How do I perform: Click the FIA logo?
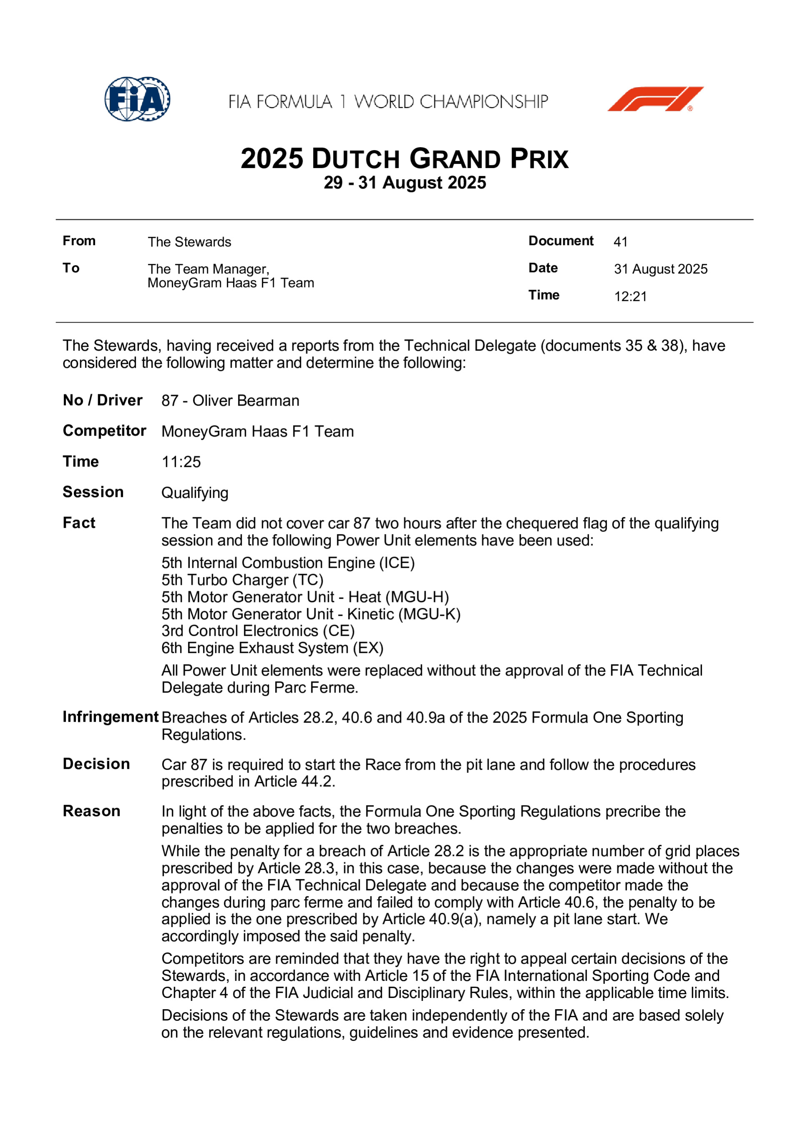point(137,99)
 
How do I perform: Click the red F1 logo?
point(655,99)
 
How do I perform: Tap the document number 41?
point(620,242)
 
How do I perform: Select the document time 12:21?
point(630,296)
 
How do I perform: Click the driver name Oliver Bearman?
point(246,401)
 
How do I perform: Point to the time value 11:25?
point(181,462)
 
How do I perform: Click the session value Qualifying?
point(195,493)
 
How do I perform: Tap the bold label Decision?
point(96,764)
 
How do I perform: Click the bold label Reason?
point(91,812)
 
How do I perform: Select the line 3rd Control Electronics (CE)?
point(258,631)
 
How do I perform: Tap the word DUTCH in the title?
point(356,159)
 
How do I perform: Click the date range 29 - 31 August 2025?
point(405,183)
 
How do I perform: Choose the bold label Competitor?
point(104,431)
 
